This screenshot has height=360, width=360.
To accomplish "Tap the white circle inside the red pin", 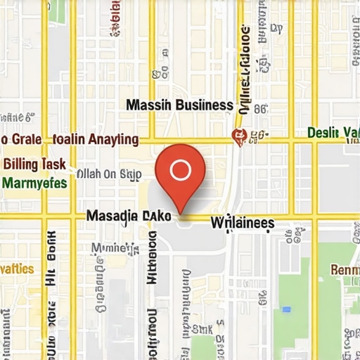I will click(181, 169).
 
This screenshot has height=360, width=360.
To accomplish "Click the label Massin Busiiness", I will click(179, 105).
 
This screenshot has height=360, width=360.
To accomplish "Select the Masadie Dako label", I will click(128, 217).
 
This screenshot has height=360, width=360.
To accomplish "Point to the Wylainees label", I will click(243, 223).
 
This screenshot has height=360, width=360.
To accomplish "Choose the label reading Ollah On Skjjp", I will click(108, 174).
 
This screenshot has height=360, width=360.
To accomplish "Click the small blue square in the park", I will click(286, 309).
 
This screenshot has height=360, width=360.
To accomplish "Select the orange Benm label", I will click(345, 270).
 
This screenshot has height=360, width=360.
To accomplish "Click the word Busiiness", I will click(204, 105).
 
